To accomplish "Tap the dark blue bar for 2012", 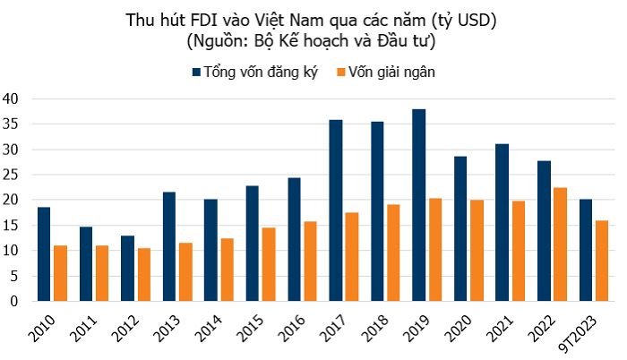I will coord(127,269).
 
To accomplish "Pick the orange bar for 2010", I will coord(60,273).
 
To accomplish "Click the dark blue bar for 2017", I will coord(336,210).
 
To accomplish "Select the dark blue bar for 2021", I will coord(502,223).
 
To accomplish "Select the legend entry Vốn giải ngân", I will coord(397,71).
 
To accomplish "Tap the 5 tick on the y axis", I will coord(13,276).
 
